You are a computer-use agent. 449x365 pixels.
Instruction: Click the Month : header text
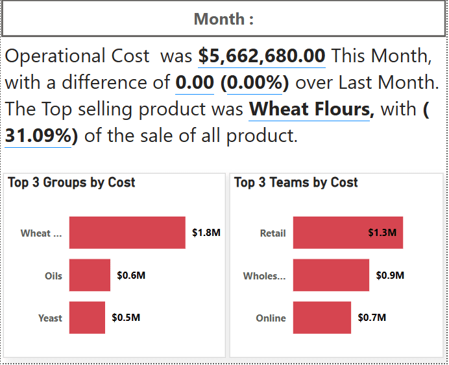224,19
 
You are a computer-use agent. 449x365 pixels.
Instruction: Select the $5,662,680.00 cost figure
261,56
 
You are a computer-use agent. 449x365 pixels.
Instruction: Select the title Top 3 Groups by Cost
71,182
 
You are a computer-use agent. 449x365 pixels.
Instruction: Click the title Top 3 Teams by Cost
296,182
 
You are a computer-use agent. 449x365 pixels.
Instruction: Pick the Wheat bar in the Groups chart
127,233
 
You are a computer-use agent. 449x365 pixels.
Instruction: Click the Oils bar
90,276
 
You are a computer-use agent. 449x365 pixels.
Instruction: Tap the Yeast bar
87,318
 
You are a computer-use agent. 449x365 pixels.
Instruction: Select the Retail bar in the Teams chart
348,233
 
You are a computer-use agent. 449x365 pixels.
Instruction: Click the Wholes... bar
331,276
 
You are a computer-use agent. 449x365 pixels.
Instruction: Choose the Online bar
322,318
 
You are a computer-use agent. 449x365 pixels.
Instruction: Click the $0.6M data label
131,276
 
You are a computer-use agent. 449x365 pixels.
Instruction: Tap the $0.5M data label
126,318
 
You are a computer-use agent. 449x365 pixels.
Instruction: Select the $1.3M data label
382,233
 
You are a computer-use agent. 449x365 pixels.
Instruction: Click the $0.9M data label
390,276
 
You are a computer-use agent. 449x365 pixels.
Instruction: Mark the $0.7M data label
372,318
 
